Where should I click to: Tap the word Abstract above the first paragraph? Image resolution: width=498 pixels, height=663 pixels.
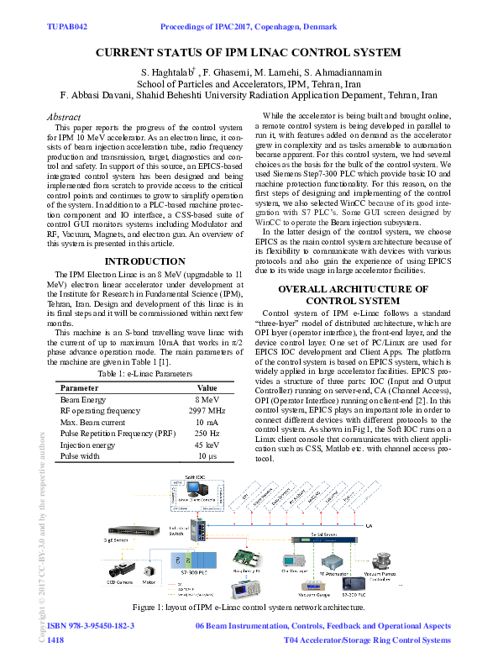[64, 117]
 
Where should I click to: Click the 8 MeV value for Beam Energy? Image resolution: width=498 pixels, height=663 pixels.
[207, 401]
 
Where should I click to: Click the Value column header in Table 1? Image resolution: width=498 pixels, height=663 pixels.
[207, 388]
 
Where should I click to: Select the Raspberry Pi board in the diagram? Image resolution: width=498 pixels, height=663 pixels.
[249, 557]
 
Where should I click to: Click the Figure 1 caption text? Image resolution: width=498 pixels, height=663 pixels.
[249, 607]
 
